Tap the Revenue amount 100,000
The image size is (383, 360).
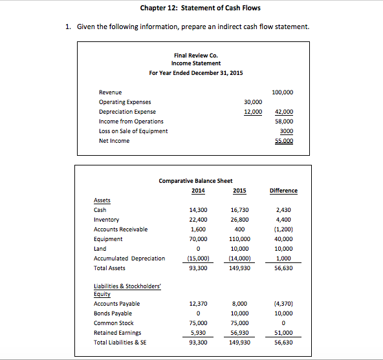coord(283,92)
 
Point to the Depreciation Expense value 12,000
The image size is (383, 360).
coord(252,112)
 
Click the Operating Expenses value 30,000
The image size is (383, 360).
coord(252,102)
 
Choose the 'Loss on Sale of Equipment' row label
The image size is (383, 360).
coord(133,131)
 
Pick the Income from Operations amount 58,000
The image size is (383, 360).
coord(284,122)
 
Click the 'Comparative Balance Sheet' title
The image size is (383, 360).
coord(195,181)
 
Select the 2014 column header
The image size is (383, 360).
coord(198,191)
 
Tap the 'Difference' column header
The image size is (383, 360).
coord(283,191)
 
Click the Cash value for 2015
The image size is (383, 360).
coord(239,210)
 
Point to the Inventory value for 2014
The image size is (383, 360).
coord(198,220)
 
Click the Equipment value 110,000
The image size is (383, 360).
coord(239,239)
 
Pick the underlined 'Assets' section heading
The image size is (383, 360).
coord(102,200)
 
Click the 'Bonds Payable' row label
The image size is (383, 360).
coord(113,313)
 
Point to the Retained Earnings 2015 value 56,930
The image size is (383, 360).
coord(239,333)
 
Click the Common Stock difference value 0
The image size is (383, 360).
coord(283,323)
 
